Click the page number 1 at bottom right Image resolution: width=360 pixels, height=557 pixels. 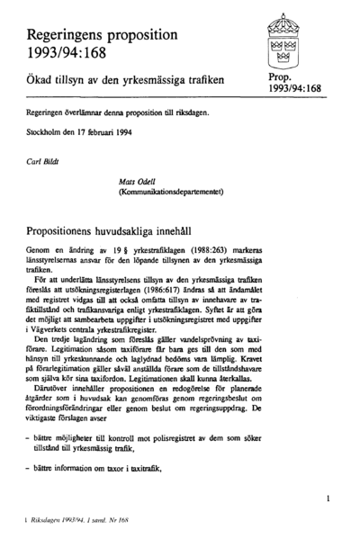click(x=328, y=497)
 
